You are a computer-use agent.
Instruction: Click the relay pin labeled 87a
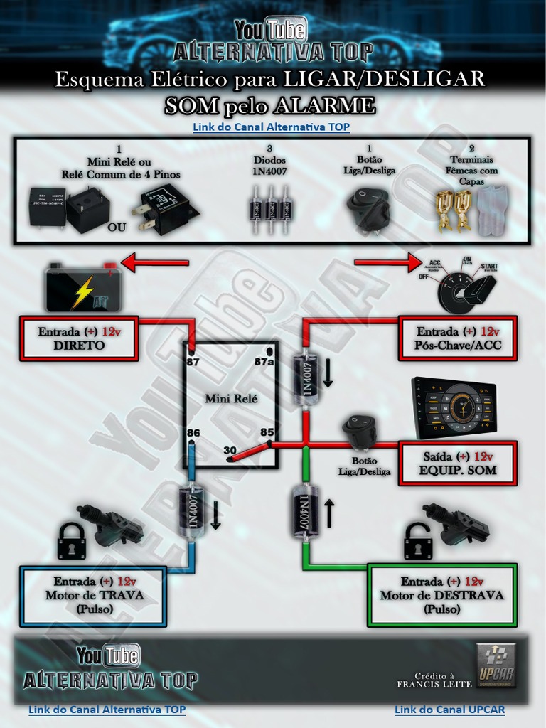[269, 351]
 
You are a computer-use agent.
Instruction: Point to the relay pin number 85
[269, 444]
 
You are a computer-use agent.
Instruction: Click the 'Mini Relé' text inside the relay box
[231, 398]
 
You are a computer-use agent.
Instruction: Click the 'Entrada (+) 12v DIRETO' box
[79, 338]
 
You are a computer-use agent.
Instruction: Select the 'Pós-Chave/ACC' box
[458, 338]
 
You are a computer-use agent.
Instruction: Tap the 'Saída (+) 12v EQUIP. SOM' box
[458, 463]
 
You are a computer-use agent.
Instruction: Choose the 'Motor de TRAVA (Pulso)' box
[94, 596]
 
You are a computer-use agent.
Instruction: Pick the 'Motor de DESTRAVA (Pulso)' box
[441, 595]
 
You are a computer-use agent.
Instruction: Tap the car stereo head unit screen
[454, 407]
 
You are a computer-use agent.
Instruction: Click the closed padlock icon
[71, 542]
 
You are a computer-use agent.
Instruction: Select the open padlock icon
[417, 542]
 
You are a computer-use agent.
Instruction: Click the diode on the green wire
[304, 511]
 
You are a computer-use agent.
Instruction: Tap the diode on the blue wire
[192, 510]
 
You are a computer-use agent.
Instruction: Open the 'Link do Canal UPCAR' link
[449, 710]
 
